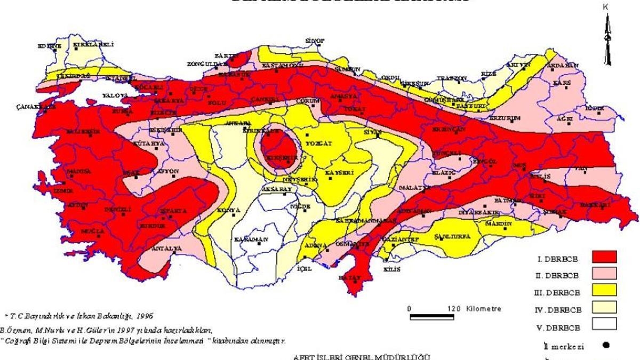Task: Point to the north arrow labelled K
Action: [606, 37]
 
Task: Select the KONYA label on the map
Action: [229, 211]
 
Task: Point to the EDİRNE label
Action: [49, 46]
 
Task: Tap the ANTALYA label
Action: [167, 248]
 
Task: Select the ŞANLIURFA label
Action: [452, 237]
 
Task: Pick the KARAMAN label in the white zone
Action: [250, 239]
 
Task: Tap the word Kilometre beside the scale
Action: [483, 309]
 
